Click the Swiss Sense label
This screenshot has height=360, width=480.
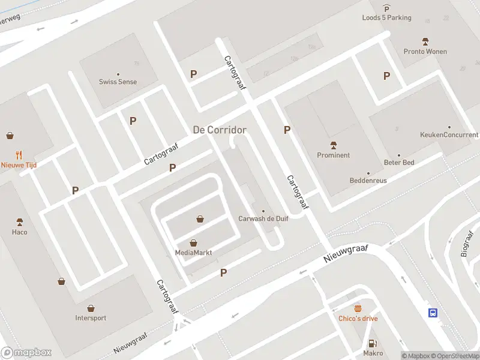coord(118,82)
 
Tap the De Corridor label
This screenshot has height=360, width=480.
coord(220,130)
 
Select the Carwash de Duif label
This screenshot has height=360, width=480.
coord(263,219)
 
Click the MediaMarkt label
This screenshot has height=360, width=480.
coord(194,253)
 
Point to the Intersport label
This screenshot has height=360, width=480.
coord(91,318)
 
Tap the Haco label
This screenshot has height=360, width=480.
coord(19,232)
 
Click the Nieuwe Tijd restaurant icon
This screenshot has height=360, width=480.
coord(19,154)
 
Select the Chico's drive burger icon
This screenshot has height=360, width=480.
coord(358,308)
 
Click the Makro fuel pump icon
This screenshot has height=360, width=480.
coord(373,343)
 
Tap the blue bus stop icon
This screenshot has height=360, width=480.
coord(433,312)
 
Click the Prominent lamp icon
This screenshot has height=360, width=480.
coord(334,145)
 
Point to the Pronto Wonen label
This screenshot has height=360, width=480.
coord(425,52)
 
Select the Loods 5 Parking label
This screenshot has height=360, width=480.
coord(386,18)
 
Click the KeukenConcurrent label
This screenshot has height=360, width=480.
coord(449,135)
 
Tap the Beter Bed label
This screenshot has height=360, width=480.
coord(399,163)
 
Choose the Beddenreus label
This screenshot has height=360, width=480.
coord(368,181)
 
